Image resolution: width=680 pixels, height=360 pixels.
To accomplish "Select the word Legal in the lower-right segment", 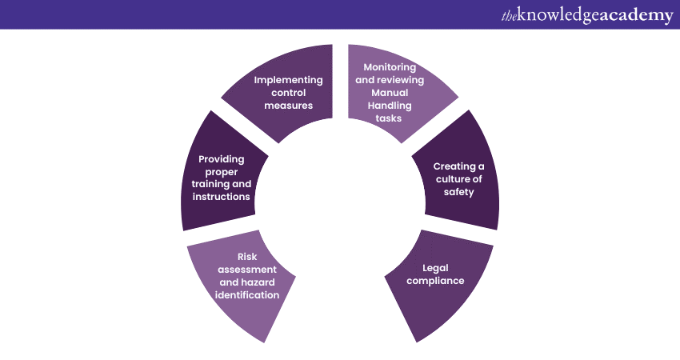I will [x=436, y=268].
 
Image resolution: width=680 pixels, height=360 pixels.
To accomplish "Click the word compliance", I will [x=436, y=281].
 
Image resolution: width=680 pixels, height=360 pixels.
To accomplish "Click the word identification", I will [x=247, y=295].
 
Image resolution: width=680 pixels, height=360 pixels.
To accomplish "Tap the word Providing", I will [x=222, y=159].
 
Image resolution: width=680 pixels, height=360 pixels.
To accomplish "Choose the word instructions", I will [x=221, y=197].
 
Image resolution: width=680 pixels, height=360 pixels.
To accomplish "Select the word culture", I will [x=450, y=179].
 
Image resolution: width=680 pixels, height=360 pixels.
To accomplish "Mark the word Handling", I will [x=390, y=106].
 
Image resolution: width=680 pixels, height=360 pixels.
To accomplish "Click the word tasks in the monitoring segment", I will [x=389, y=118].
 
